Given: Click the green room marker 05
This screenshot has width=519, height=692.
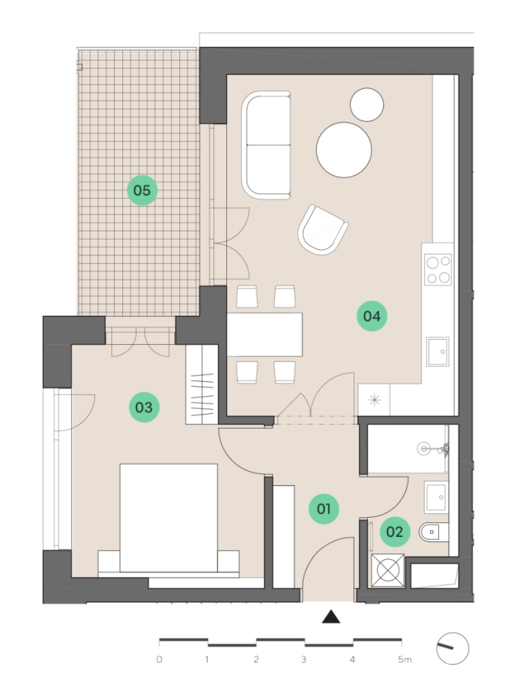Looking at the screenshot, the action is [x=142, y=190].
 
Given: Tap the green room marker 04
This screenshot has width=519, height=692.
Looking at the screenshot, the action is [x=371, y=316].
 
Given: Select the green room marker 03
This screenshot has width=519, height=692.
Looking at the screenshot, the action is [x=144, y=407].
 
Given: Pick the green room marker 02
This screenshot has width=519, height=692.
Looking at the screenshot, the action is [x=394, y=532].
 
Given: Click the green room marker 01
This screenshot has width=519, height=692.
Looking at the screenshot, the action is [x=324, y=509].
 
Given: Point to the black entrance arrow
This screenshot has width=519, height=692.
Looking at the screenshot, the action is [x=331, y=617].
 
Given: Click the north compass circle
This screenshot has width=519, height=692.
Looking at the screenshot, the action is [x=452, y=648].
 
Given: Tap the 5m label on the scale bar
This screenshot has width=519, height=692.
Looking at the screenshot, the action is [x=404, y=660].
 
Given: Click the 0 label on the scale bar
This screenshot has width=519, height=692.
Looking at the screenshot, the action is [x=159, y=660].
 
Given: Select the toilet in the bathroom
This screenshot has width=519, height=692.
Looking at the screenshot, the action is [x=434, y=533].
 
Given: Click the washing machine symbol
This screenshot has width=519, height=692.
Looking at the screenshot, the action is [x=388, y=570].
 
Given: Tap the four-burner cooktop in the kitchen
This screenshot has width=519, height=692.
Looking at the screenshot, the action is [x=438, y=269].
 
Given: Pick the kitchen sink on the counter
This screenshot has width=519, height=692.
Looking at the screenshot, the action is [x=437, y=352].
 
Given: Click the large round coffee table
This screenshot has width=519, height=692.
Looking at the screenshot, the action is [x=344, y=150].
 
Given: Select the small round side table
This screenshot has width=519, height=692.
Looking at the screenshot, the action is [x=367, y=105].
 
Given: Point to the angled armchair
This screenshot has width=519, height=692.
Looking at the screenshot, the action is [x=323, y=230].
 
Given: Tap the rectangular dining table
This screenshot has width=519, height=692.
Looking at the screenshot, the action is [x=265, y=334].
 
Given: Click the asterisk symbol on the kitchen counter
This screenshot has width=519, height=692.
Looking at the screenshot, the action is [x=374, y=401].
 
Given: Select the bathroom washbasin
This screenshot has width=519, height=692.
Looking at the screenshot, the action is [x=437, y=498].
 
